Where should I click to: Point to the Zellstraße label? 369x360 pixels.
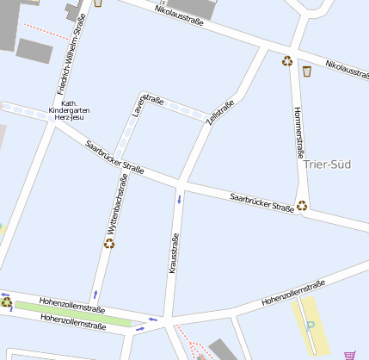coord(219,114)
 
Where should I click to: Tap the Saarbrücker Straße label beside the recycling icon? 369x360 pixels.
coord(261,203)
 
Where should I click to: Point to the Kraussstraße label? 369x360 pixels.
coord(175,253)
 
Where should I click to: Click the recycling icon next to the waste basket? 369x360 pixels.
coord(287,60)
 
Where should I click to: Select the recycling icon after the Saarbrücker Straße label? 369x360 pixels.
coord(302,205)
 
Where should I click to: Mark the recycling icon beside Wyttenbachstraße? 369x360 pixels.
coord(109,244)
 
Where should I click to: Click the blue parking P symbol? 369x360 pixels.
coord(311,327)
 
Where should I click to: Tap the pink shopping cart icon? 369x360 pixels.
coord(349,354)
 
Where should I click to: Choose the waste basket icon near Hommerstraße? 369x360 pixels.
coord(306,71)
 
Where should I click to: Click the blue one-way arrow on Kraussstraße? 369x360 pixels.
coord(180,200)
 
